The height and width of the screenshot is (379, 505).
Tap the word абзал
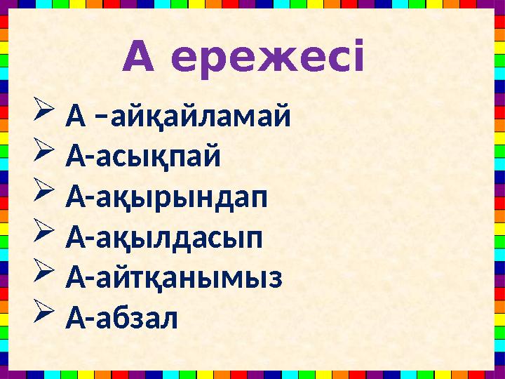(139, 319)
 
